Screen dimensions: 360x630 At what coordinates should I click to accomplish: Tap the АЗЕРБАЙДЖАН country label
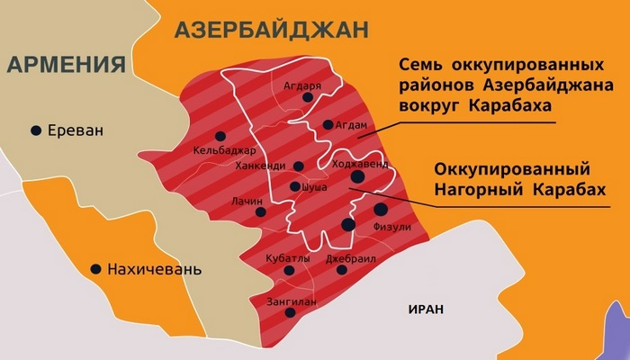tap(272, 29)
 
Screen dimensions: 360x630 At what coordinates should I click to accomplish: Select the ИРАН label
tap(426, 308)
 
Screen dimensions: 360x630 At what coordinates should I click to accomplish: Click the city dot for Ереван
tap(36, 130)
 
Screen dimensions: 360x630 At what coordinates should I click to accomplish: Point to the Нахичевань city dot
tap(94, 268)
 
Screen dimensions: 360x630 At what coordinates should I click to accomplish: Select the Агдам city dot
tap(328, 125)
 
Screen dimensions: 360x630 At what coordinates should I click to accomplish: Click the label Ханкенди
tap(259, 166)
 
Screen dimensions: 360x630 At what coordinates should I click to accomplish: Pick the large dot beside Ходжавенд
tap(358, 177)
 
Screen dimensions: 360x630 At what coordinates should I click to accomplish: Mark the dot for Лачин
tap(261, 212)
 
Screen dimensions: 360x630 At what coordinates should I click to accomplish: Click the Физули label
tap(392, 227)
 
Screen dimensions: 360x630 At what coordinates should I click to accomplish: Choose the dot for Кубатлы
tap(288, 270)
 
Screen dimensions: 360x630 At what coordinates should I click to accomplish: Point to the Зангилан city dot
tap(290, 313)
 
